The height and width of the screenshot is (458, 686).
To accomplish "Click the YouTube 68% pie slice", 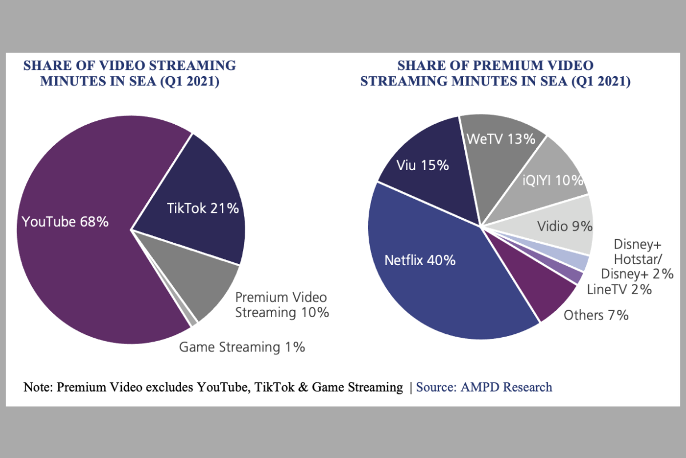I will click(x=74, y=229).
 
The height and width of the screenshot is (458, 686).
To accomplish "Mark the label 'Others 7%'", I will click(x=596, y=315).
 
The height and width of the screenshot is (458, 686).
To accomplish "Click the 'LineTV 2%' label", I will click(x=619, y=289).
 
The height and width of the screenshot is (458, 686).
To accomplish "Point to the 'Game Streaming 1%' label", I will click(x=242, y=347).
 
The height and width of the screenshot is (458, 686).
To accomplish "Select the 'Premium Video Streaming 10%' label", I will click(x=282, y=305).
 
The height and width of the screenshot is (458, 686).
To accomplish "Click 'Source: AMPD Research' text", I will click(x=484, y=387).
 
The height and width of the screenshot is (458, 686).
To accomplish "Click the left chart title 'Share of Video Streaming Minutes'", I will click(x=129, y=73).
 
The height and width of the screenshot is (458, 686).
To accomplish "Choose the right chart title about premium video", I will click(x=495, y=73).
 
